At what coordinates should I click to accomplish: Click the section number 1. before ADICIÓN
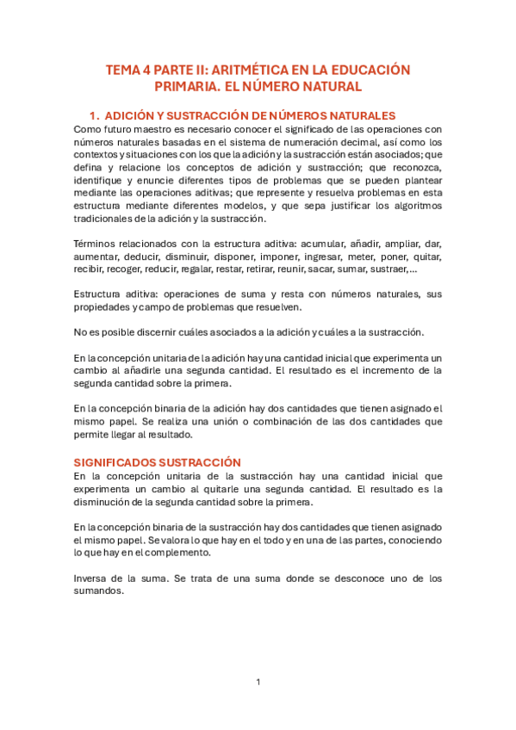95,115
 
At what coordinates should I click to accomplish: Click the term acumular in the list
324,245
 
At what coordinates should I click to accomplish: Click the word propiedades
104,307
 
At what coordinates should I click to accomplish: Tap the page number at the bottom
258,683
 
